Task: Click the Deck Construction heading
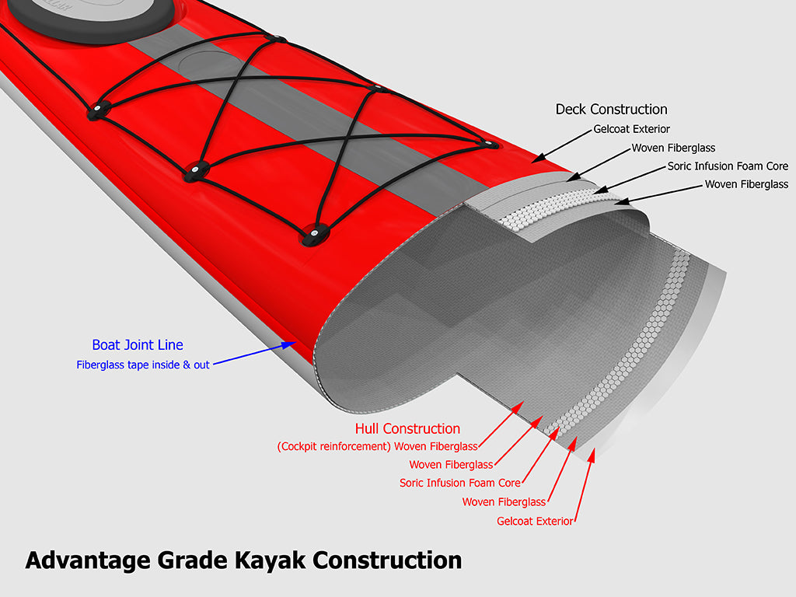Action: tap(611, 110)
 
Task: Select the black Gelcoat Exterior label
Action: tap(631, 129)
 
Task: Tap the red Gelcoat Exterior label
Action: tap(535, 521)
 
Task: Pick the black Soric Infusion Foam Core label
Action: tap(728, 166)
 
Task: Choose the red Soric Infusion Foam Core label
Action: tap(460, 483)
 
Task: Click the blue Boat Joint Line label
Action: tap(138, 345)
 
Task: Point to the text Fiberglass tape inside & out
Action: tap(143, 365)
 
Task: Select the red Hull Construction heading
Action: tap(407, 429)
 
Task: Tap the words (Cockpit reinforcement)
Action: tap(333, 447)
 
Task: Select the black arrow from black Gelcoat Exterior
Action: tap(560, 145)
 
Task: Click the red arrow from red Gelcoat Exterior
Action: tap(585, 485)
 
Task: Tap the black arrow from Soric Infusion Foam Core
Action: tap(629, 178)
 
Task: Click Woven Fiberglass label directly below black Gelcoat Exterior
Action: tap(673, 148)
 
